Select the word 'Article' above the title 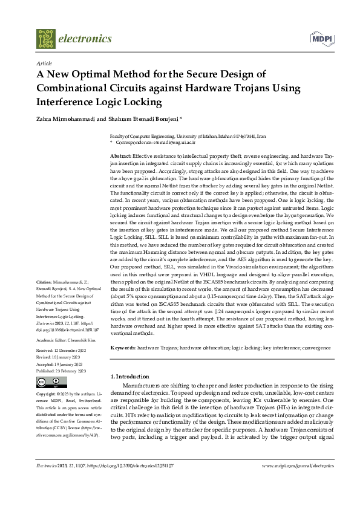[44, 63]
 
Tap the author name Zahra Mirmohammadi [67, 119]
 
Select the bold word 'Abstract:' [120, 156]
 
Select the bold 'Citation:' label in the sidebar [44, 282]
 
